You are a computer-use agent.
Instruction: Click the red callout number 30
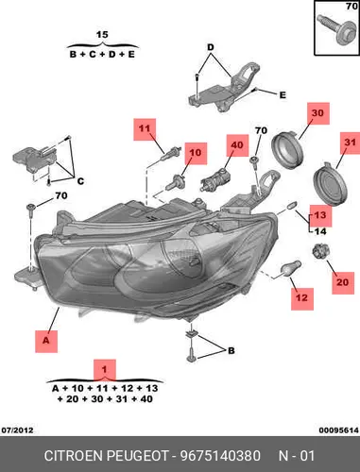pyautogui.click(x=318, y=113)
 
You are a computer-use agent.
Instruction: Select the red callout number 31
pyautogui.click(x=351, y=143)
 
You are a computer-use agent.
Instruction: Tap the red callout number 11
pyautogui.click(x=145, y=129)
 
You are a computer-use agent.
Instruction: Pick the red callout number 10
pyautogui.click(x=196, y=153)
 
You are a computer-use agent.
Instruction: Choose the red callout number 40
pyautogui.click(x=237, y=145)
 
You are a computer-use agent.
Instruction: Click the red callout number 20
pyautogui.click(x=343, y=283)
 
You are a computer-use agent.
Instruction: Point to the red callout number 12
pyautogui.click(x=302, y=298)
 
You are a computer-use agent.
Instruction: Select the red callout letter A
pyautogui.click(x=46, y=342)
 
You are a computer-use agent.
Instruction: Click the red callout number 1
pyautogui.click(x=105, y=370)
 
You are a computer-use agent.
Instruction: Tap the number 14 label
pyautogui.click(x=320, y=232)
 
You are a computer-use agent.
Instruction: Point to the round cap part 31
pyautogui.click(x=330, y=186)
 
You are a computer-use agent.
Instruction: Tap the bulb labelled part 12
pyautogui.click(x=291, y=268)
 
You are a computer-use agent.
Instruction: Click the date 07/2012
pyautogui.click(x=17, y=430)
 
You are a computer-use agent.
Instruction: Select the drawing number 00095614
pyautogui.click(x=339, y=430)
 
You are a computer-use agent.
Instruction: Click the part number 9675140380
pyautogui.click(x=220, y=456)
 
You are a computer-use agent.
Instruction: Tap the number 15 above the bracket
pyautogui.click(x=102, y=35)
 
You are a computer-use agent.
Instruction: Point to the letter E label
pyautogui.click(x=283, y=94)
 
